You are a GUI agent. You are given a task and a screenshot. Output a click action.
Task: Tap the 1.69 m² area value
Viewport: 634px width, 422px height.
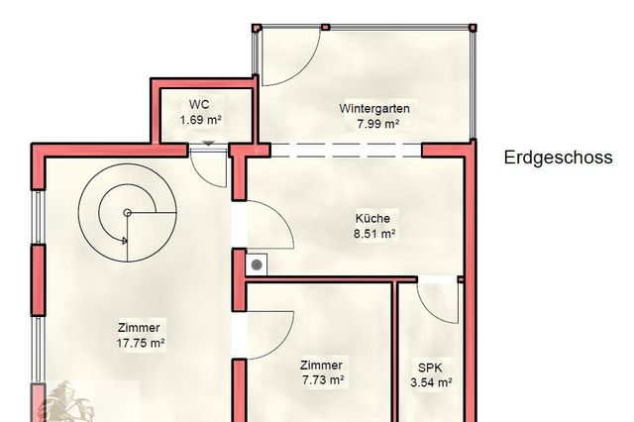point(200,120)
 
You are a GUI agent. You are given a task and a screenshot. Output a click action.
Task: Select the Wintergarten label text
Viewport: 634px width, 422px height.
point(374,108)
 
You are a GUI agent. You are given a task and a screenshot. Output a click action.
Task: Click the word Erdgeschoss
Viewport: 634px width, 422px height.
point(558,158)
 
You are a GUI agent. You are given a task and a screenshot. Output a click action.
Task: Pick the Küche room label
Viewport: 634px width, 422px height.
point(373,219)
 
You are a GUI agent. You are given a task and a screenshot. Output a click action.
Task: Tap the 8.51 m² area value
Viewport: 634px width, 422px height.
point(373,235)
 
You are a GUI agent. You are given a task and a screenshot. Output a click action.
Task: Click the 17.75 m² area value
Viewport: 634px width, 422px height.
point(140,343)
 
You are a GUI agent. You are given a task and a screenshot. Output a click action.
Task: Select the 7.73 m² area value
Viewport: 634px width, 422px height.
point(322,380)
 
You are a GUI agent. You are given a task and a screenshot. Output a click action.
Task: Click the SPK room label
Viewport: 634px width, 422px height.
point(431,366)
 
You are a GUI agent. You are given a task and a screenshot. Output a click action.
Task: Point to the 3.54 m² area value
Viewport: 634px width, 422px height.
point(431,381)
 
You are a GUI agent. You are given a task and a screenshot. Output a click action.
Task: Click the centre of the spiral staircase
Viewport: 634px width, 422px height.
point(127,213)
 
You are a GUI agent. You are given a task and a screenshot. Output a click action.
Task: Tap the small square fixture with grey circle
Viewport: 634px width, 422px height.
point(259,264)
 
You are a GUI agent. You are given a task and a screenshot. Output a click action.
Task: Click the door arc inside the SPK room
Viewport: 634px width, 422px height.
point(436,302)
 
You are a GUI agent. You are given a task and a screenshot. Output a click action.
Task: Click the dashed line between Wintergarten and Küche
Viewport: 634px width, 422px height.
point(347,150)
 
